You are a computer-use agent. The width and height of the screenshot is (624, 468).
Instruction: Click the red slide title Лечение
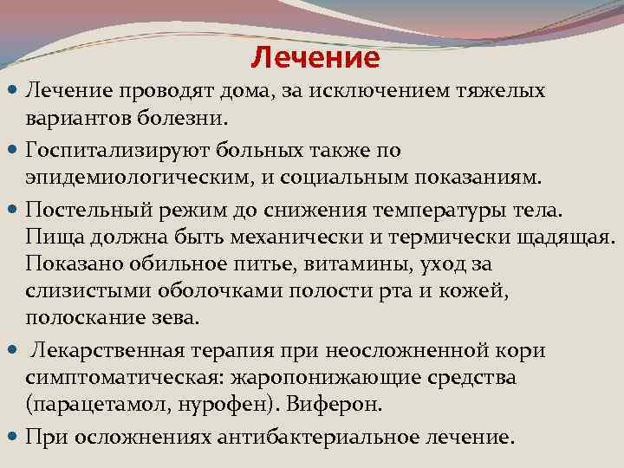(315, 58)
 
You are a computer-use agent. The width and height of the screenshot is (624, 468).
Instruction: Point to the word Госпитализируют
(118, 150)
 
